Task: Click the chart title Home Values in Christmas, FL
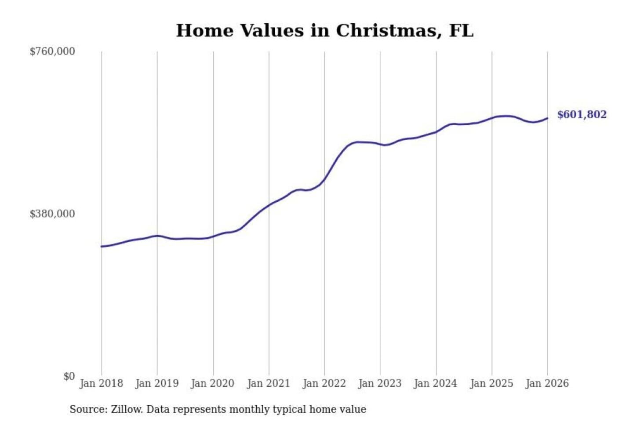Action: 325,31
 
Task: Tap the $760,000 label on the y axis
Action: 52,51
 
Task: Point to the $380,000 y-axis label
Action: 52,214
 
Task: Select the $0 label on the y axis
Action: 69,376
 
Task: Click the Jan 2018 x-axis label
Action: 101,383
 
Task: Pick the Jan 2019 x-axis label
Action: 157,383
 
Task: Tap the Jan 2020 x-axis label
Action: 213,383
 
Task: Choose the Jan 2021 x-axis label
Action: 269,383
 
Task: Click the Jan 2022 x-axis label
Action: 324,383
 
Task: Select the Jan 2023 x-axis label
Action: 380,383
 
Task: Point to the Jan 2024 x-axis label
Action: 436,383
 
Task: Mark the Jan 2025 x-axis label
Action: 491,383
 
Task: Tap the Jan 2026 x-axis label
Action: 547,383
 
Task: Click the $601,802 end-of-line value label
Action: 582,115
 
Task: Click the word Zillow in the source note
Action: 127,410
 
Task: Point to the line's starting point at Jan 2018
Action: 102,246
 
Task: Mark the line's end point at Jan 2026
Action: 547,118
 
